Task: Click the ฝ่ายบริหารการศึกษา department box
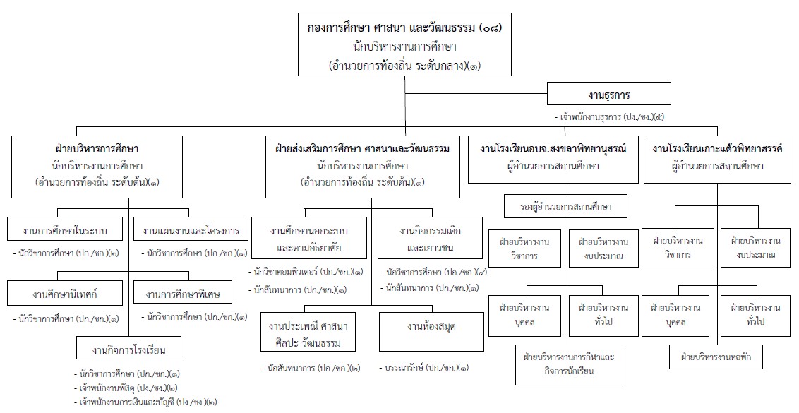tap(97, 167)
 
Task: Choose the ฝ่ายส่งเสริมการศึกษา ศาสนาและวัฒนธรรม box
tap(362, 167)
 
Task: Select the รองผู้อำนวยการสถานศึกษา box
tap(558, 208)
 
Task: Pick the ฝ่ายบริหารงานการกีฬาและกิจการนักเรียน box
tap(569, 364)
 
